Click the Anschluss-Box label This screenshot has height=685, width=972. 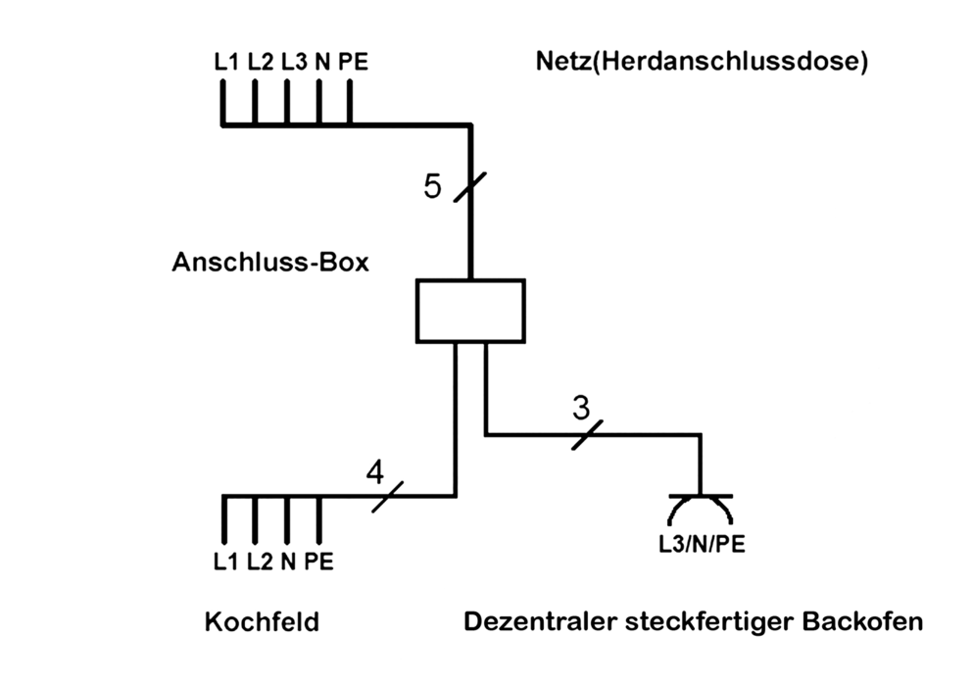pyautogui.click(x=270, y=263)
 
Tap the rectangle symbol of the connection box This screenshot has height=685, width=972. pyautogui.click(x=470, y=311)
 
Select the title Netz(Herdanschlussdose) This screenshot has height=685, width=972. pyautogui.click(x=703, y=62)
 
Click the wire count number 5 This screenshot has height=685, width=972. pyautogui.click(x=433, y=186)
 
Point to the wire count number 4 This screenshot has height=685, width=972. pyautogui.click(x=375, y=472)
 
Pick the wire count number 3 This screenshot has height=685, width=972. pyautogui.click(x=581, y=406)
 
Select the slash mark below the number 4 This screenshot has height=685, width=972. pyautogui.click(x=387, y=496)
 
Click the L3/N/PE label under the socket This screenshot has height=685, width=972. pyautogui.click(x=701, y=543)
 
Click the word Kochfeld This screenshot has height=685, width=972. pyautogui.click(x=262, y=622)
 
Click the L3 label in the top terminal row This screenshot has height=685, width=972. pyautogui.click(x=293, y=62)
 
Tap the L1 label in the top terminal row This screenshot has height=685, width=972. pyautogui.click(x=226, y=62)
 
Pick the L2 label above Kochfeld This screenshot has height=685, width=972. pyautogui.click(x=259, y=562)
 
